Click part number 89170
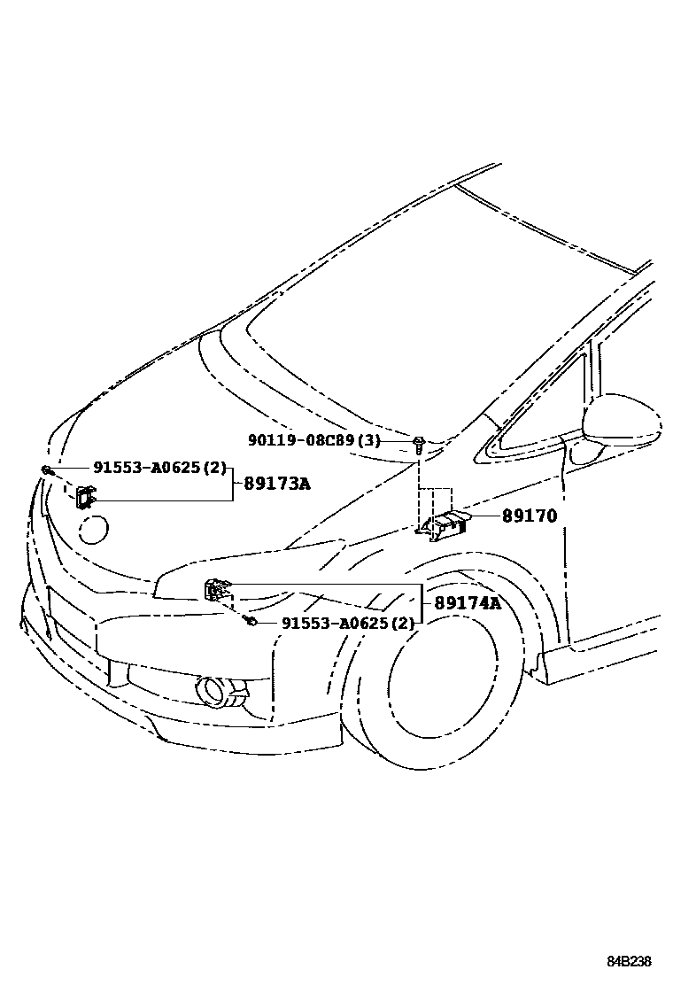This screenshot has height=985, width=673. [x=530, y=516]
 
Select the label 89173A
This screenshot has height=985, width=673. [x=278, y=485]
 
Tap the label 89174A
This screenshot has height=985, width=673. [x=468, y=603]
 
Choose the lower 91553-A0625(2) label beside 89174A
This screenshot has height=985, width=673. [x=348, y=624]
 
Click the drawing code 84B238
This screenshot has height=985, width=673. [x=629, y=961]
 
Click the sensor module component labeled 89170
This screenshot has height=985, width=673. [x=447, y=524]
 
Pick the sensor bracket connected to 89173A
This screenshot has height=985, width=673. [x=84, y=498]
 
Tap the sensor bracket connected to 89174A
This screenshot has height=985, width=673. [x=216, y=589]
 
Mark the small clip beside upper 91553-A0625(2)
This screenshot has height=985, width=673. [x=45, y=469]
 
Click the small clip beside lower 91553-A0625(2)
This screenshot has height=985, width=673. [x=251, y=623]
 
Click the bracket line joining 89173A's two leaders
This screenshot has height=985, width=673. [x=233, y=485]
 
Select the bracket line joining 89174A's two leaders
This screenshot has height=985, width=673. [x=422, y=604]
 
